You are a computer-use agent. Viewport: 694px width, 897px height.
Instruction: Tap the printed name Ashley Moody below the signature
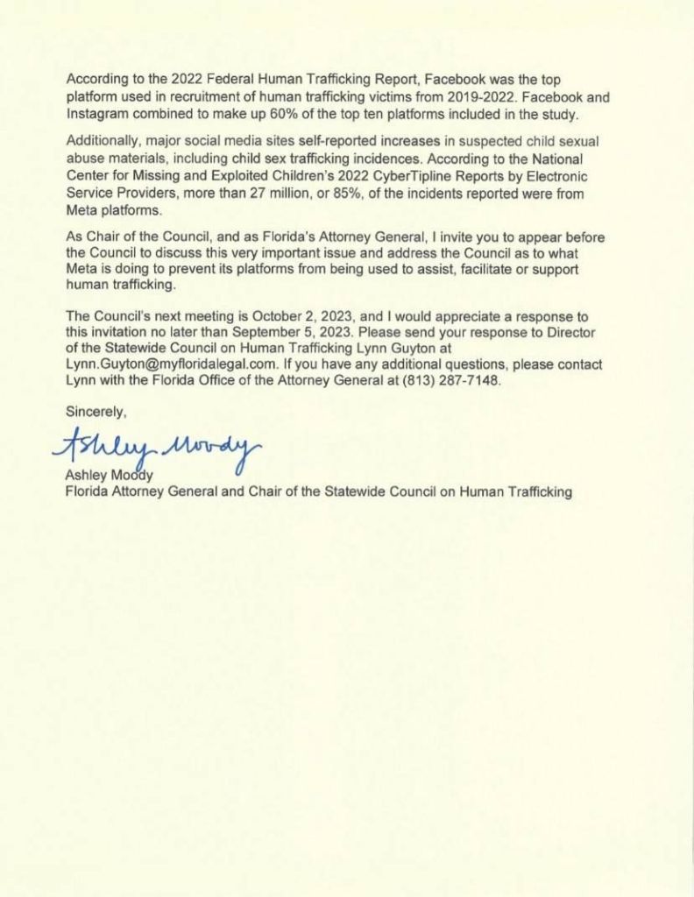[110, 477]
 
